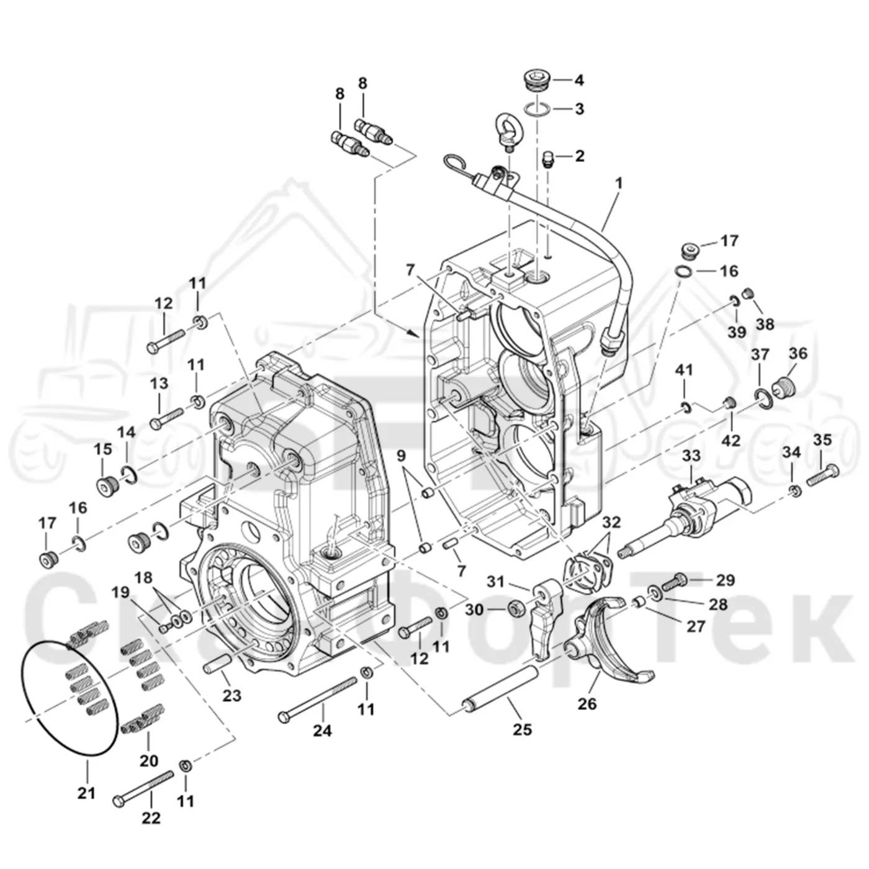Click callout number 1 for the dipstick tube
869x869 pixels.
click(619, 183)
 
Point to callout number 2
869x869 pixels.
click(579, 156)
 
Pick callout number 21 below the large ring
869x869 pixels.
click(86, 805)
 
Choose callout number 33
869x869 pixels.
click(691, 456)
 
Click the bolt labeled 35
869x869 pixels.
click(821, 475)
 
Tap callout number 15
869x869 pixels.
click(102, 449)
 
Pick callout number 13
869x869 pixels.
click(159, 384)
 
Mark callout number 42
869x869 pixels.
click(731, 440)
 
